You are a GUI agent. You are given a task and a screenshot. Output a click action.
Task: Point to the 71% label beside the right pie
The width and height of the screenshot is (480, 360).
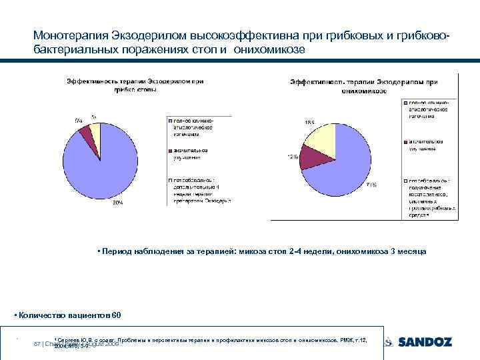point(371,185)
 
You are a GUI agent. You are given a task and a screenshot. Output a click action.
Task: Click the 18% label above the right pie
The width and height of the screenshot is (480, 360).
point(310,122)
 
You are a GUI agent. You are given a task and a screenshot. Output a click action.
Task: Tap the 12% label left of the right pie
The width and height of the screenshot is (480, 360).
point(292,157)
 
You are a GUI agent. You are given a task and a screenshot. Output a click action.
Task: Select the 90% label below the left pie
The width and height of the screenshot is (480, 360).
point(117,202)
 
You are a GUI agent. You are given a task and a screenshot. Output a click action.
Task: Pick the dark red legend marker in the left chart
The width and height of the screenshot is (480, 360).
point(170,150)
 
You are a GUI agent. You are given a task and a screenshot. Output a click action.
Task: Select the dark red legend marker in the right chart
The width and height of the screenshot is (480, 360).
point(405,142)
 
